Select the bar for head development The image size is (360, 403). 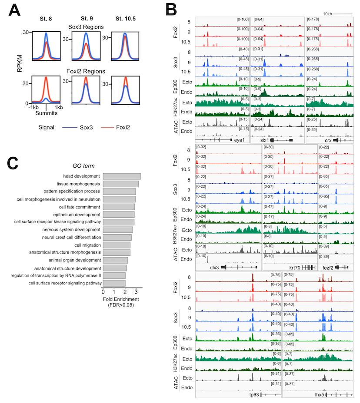121,176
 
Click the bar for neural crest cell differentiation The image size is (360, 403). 117,238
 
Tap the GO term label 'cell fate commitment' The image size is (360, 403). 80,207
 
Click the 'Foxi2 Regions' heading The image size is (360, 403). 89,71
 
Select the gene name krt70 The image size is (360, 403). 295,267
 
